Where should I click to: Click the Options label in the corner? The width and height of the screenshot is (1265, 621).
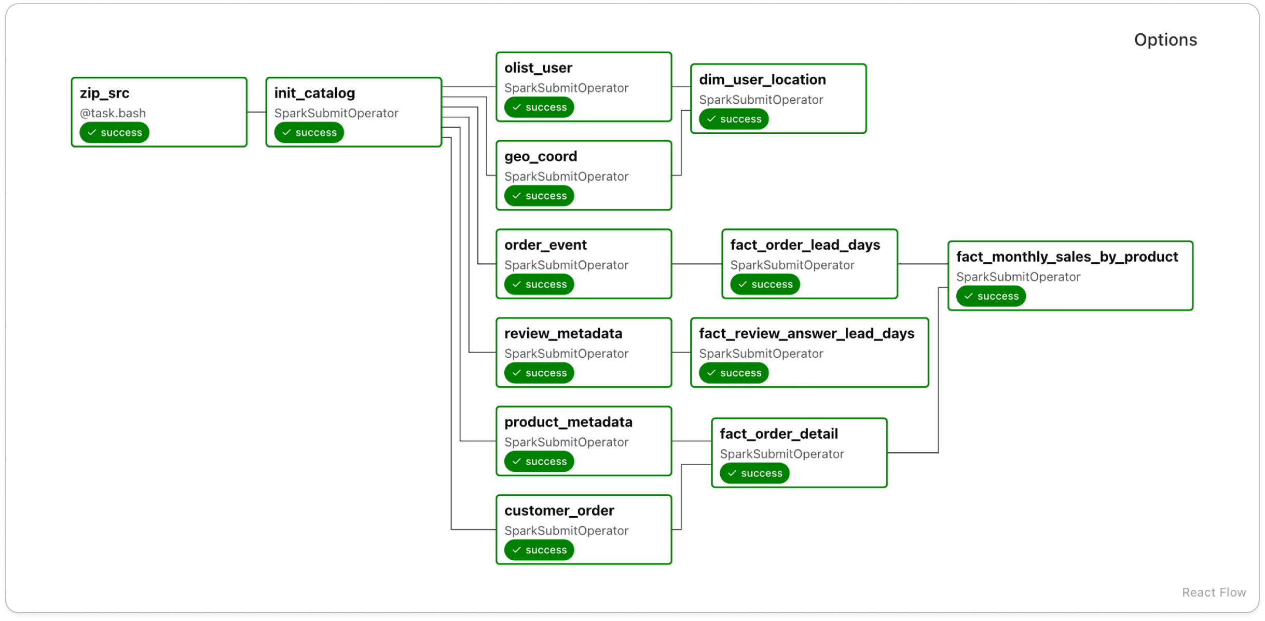[x=1165, y=40]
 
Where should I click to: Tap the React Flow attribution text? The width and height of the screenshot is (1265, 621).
[x=1213, y=592]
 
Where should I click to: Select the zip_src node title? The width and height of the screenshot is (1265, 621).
[x=104, y=93]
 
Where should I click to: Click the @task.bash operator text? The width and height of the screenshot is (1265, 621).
[x=113, y=113]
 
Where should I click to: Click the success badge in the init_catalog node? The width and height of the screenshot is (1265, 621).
[x=309, y=132]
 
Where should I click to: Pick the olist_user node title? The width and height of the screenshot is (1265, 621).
[x=538, y=68]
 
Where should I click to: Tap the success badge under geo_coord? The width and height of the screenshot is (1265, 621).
[x=539, y=196]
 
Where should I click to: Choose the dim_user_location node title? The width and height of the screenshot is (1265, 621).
[x=762, y=80]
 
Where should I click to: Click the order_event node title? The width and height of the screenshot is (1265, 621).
[x=545, y=245]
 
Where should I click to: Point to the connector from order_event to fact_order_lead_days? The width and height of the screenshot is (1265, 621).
[x=696, y=264]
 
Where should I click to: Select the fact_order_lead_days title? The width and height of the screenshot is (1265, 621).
[x=805, y=245]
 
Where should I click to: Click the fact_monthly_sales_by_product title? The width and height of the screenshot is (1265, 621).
[x=1067, y=257]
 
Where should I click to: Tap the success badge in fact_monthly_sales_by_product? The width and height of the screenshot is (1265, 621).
[x=991, y=296]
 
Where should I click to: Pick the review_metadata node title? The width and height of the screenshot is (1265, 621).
[x=563, y=334]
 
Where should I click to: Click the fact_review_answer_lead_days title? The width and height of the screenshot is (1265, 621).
[x=806, y=334]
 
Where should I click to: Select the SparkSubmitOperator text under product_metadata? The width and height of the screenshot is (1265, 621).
[x=566, y=442]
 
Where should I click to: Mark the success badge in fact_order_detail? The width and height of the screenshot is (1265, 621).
[x=754, y=474]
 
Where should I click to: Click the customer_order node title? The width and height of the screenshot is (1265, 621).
[x=559, y=511]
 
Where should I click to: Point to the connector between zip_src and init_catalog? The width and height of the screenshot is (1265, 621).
[x=256, y=112]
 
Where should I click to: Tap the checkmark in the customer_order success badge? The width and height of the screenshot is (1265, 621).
[x=516, y=550]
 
